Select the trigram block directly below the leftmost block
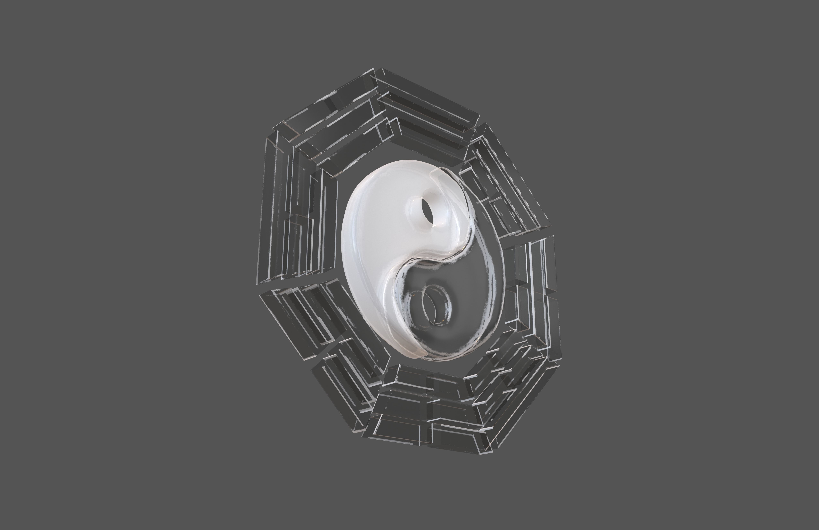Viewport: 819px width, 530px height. [x=303, y=317]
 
